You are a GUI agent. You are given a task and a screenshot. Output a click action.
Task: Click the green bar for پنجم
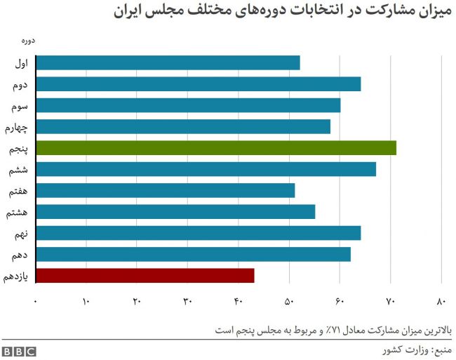[x=215, y=148]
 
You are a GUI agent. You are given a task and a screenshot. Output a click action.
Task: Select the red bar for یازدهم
[x=145, y=276]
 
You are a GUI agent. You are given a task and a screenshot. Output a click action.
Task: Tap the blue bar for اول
[x=168, y=62]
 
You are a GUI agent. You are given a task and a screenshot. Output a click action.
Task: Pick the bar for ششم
[x=206, y=169]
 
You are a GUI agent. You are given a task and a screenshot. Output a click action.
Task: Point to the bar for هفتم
[x=165, y=190]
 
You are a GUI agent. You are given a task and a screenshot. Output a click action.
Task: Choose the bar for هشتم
[x=175, y=212]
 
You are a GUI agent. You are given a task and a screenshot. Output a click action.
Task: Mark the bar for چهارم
[x=182, y=126]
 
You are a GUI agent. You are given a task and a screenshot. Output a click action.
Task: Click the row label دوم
[x=21, y=85]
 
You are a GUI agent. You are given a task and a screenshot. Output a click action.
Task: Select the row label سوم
[x=20, y=106]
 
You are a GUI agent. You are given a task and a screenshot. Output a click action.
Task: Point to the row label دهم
[x=21, y=255]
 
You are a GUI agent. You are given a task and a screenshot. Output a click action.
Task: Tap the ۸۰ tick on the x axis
[x=441, y=302]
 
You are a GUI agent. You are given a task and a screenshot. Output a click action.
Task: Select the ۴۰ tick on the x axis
[x=238, y=302]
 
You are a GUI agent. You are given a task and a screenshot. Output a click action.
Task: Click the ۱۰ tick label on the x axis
[x=86, y=302]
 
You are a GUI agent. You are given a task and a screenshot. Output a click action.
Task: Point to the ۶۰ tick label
[x=340, y=302]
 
